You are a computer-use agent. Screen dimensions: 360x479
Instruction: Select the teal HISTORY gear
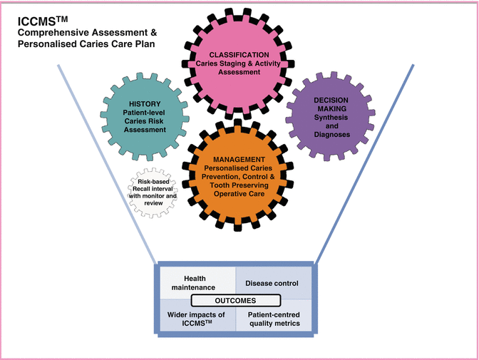click(x=145, y=118)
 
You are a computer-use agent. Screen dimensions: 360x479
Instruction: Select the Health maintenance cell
click(x=195, y=283)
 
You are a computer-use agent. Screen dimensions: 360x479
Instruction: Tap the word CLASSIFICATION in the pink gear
click(x=239, y=54)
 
